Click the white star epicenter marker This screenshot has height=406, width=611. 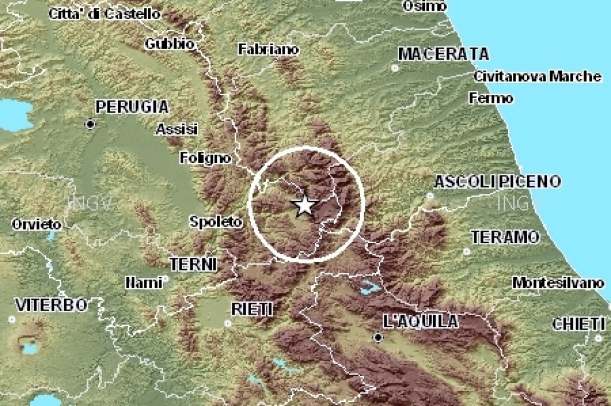[305, 206]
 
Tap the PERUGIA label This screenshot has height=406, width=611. [132, 107]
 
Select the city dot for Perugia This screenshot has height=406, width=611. [90, 124]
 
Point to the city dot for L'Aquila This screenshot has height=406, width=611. [378, 338]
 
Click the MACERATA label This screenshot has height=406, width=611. [443, 54]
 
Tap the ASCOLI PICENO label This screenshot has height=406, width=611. [497, 182]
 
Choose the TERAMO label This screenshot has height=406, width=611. [505, 238]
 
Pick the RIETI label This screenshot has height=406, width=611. [252, 309]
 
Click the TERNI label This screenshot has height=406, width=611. [193, 264]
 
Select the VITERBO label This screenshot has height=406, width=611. [51, 305]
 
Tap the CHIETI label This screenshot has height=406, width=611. [578, 324]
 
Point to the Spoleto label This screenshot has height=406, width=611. [215, 222]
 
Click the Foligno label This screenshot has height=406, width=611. [205, 158]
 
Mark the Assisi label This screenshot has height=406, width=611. [177, 129]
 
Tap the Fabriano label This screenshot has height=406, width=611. [268, 50]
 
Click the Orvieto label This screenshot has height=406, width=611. [36, 224]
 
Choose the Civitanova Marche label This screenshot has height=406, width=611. [538, 76]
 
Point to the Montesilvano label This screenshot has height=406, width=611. [558, 282]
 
